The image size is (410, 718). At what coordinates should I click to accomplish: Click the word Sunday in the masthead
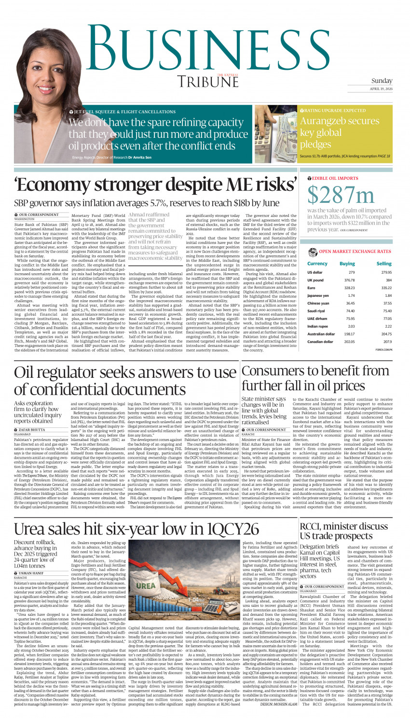click(382, 81)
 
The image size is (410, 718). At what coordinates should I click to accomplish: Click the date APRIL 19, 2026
click(382, 89)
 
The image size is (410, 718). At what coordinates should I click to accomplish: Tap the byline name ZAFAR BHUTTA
click(32, 429)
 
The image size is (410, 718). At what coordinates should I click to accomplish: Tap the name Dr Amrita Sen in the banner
click(139, 158)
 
